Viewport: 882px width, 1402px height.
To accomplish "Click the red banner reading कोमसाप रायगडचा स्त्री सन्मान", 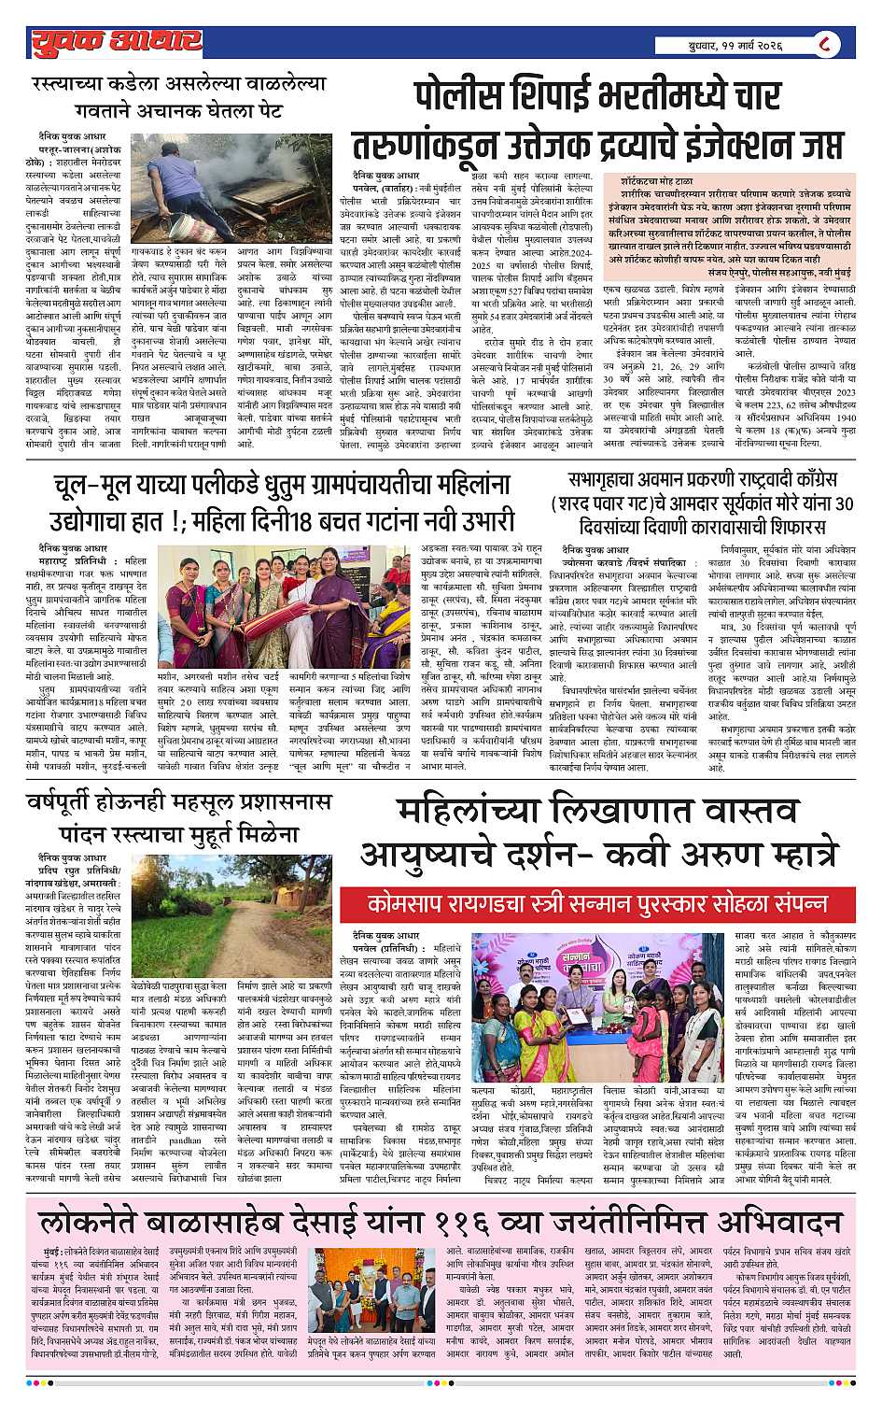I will coord(597,905).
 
